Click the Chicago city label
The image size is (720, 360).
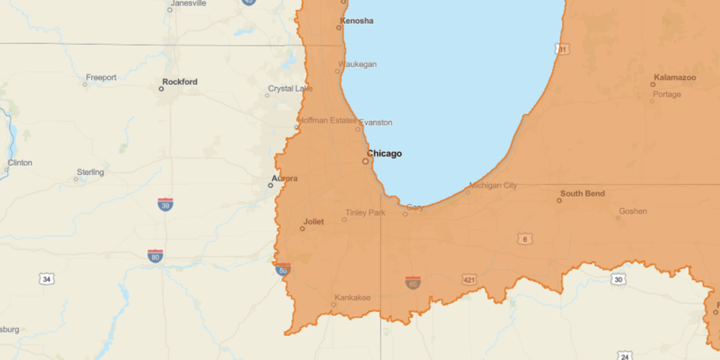point(384,153)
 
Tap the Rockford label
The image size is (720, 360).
point(180,81)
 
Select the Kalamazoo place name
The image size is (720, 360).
point(675,77)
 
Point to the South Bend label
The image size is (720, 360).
point(582,193)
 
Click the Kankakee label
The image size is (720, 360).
point(352,298)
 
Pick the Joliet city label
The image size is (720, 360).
point(313,221)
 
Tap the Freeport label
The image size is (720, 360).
point(101,77)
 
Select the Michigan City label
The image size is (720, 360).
point(493,185)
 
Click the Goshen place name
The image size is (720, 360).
point(632,210)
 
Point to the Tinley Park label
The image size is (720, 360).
point(365,212)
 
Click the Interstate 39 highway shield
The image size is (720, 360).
point(165,204)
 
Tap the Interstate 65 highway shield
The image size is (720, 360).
point(413,283)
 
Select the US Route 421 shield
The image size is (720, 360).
point(469,279)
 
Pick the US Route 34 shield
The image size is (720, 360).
point(47,278)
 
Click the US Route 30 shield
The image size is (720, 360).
point(617,279)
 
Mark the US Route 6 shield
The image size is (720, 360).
point(525,240)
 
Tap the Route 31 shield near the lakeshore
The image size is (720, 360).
point(563,49)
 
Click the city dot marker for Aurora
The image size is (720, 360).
point(271,185)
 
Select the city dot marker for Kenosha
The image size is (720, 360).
point(338,28)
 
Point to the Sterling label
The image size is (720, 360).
point(90,172)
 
